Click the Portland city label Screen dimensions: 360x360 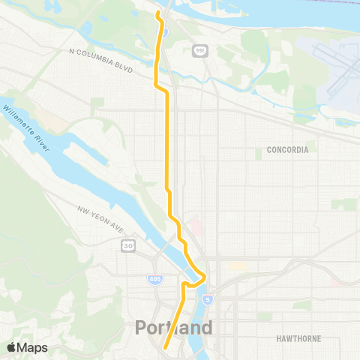(174, 328)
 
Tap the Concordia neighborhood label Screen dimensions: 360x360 (287, 150)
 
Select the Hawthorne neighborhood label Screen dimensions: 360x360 (298, 338)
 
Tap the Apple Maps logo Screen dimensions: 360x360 (27, 347)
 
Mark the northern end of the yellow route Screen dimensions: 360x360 (157, 13)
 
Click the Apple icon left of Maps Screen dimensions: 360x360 (12, 346)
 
